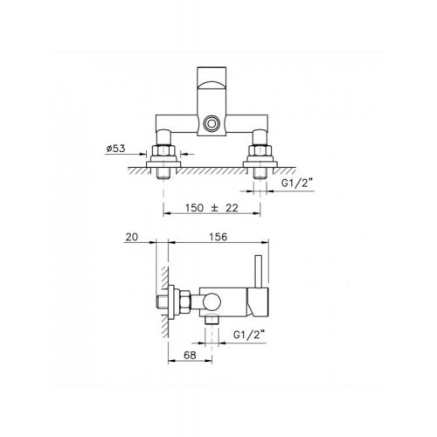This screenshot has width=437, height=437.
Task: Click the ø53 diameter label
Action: point(115,149)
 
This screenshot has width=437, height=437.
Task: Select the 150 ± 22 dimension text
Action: point(212,208)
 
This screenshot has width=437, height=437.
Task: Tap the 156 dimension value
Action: point(218,237)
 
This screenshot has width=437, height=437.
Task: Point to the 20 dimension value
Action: point(131,237)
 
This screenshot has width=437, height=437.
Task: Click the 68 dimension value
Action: point(190,355)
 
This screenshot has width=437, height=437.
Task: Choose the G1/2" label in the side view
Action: point(249,335)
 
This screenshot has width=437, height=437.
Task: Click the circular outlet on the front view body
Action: point(211,123)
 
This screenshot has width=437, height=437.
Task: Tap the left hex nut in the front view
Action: point(163,150)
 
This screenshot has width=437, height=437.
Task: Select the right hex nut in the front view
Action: point(260,150)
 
